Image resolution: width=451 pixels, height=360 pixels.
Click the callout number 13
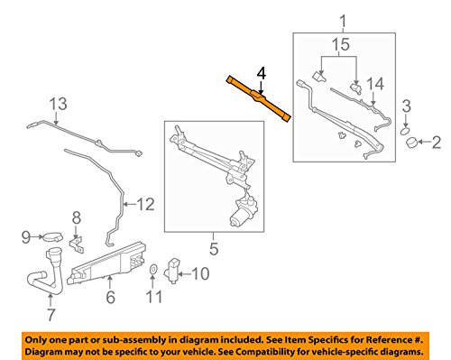click(x=59, y=104)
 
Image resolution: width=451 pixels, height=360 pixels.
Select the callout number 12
click(x=146, y=205)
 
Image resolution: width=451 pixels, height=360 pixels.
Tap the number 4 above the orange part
click(x=261, y=73)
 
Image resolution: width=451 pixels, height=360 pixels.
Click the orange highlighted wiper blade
click(x=259, y=98)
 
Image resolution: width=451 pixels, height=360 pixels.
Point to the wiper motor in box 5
click(x=244, y=211)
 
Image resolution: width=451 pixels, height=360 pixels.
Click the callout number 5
click(x=214, y=249)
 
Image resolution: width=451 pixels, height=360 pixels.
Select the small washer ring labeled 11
click(x=153, y=269)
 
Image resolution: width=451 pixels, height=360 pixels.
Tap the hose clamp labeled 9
click(x=53, y=237)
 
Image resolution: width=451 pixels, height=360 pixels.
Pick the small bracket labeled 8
click(x=77, y=245)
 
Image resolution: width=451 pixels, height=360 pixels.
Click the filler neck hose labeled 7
click(x=46, y=272)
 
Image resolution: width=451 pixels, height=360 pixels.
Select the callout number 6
click(x=111, y=297)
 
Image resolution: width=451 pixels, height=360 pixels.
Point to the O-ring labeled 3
click(x=405, y=131)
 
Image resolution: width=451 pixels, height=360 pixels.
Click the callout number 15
click(x=341, y=44)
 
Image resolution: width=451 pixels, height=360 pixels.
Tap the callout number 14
click(x=375, y=84)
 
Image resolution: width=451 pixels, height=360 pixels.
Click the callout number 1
click(x=344, y=22)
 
